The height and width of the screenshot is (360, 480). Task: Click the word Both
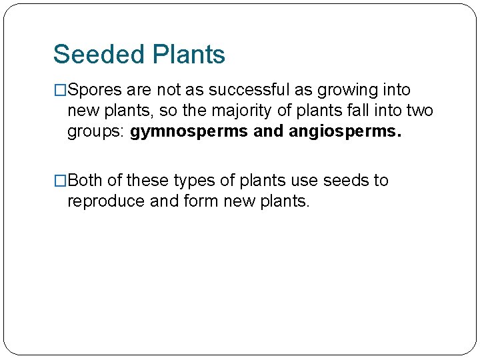click(85, 181)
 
